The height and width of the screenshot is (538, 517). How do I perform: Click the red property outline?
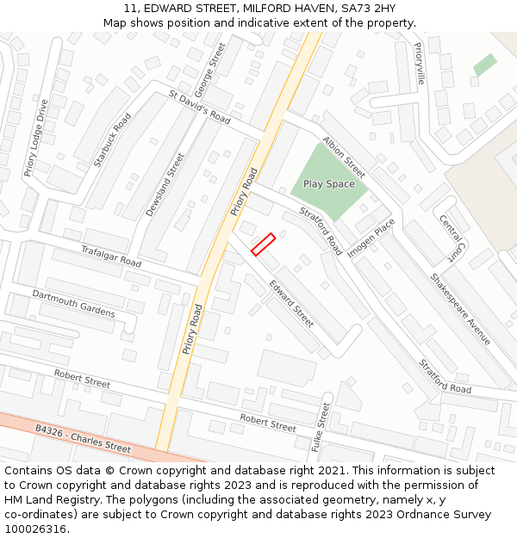tap(263, 244)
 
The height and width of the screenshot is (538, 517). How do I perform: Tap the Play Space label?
tap(328, 184)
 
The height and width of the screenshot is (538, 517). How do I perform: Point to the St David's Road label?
tap(199, 107)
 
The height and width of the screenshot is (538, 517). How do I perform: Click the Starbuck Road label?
tap(112, 139)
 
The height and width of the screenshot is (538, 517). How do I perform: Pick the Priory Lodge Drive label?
tap(36, 138)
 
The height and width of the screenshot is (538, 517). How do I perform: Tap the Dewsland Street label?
tap(165, 184)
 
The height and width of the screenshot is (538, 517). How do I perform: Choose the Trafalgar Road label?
tap(110, 255)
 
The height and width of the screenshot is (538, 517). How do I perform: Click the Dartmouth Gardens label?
tap(73, 303)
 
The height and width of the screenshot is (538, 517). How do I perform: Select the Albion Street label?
tap(344, 156)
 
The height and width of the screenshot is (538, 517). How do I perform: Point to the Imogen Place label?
tap(371, 237)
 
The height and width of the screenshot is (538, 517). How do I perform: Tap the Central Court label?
tap(451, 238)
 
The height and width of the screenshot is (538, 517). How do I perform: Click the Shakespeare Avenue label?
tap(460, 309)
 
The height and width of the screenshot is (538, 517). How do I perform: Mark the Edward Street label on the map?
tap(291, 303)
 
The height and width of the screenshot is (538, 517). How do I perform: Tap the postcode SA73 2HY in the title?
tap(367, 9)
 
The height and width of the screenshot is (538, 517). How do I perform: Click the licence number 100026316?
tap(35, 529)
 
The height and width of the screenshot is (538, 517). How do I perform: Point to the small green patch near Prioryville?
tap(484, 65)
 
